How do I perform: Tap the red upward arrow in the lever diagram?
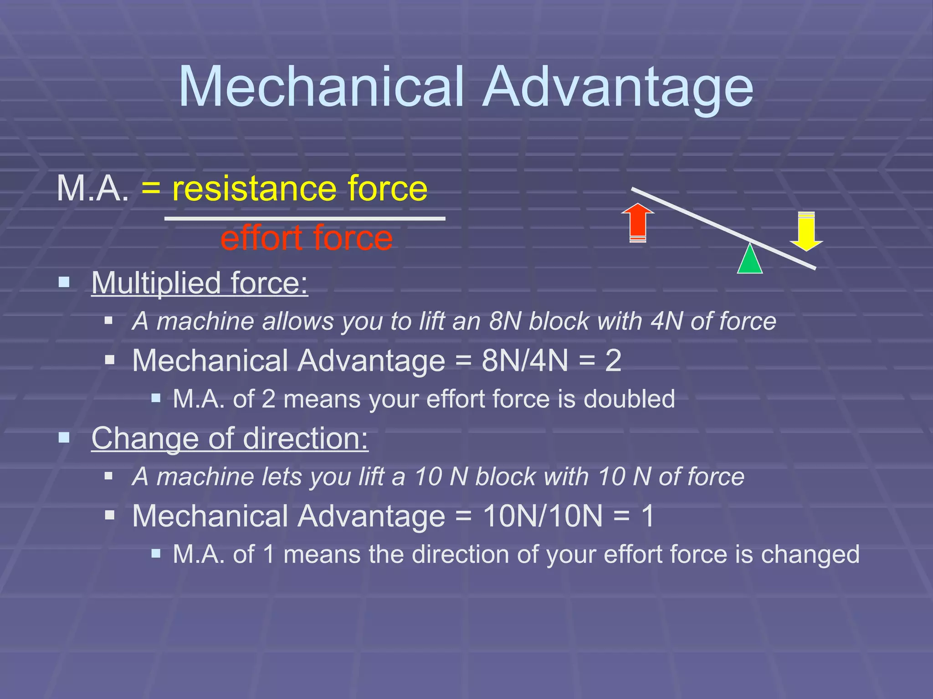click(x=638, y=223)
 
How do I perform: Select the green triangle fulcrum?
click(x=750, y=259)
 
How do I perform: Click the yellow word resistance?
click(x=255, y=188)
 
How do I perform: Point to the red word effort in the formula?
click(x=262, y=238)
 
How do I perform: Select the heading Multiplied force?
click(x=200, y=283)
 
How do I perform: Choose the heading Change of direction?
click(x=230, y=438)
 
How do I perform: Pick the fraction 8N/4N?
click(x=525, y=360)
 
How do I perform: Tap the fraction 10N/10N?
click(x=543, y=516)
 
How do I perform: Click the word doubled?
click(x=629, y=399)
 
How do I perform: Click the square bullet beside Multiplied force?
click(x=64, y=283)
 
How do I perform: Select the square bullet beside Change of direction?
click(x=64, y=438)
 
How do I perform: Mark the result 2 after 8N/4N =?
click(x=613, y=360)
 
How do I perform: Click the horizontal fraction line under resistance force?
click(x=305, y=219)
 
